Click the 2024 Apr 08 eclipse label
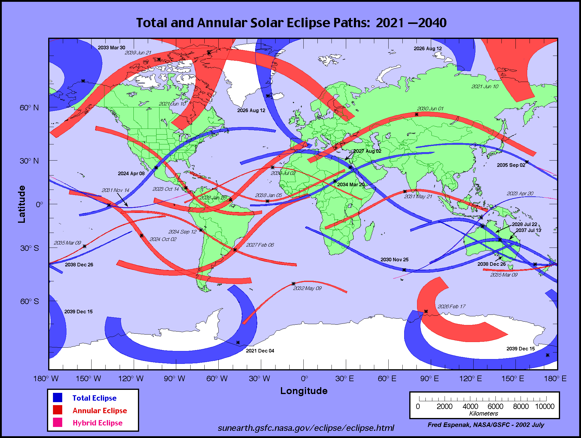click(x=131, y=173)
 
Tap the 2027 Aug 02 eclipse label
click(x=367, y=151)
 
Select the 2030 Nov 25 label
click(x=394, y=260)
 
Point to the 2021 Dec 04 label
click(x=260, y=351)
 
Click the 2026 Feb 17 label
click(x=451, y=306)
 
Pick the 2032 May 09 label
click(x=307, y=288)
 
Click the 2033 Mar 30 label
click(x=111, y=48)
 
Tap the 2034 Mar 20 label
click(x=351, y=184)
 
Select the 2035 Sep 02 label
click(x=511, y=165)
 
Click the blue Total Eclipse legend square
click(x=57, y=398)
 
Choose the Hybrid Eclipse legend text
click(x=98, y=423)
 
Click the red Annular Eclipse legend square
click(x=57, y=410)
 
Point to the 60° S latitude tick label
click(x=29, y=301)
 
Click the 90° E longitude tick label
click(x=429, y=379)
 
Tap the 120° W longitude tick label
click(x=131, y=379)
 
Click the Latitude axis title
click(x=22, y=204)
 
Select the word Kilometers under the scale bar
click(x=483, y=413)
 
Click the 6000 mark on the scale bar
click(x=495, y=406)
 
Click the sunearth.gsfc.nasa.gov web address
click(x=306, y=428)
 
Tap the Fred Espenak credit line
click(x=486, y=425)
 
